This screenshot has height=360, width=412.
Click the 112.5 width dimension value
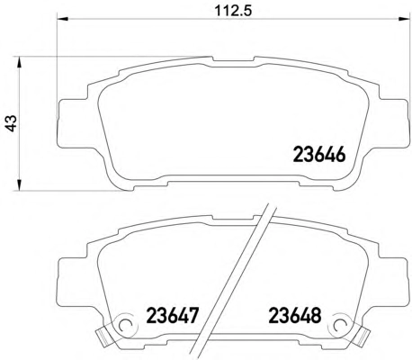(233, 11)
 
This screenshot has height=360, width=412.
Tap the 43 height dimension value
(12, 123)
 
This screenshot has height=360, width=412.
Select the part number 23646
(319, 155)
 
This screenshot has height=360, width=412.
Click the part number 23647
(173, 316)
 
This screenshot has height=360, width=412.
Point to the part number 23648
(295, 316)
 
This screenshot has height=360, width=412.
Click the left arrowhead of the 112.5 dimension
(63, 19)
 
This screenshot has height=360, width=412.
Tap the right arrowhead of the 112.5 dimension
(403, 19)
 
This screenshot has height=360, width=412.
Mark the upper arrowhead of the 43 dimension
(19, 63)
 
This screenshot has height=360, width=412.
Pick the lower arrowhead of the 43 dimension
(19, 184)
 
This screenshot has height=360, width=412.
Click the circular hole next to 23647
(125, 325)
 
